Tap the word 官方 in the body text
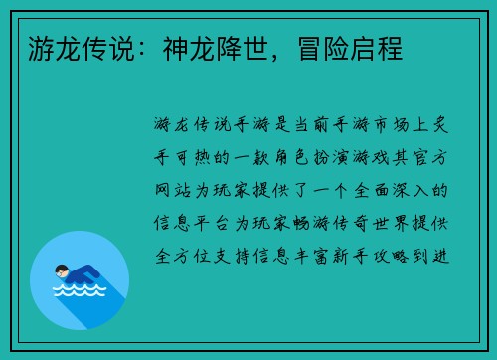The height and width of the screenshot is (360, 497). [x=432, y=157]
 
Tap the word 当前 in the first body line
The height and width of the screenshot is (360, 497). [x=303, y=125]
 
